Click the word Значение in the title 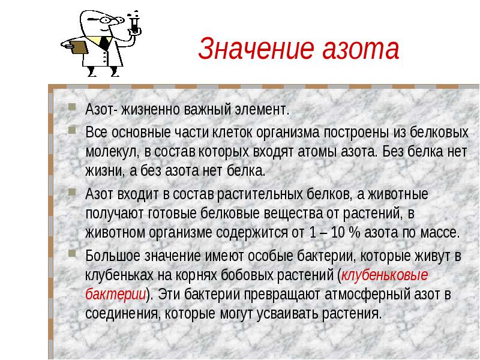[256, 49]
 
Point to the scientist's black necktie [105, 43]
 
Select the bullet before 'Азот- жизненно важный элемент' [72, 107]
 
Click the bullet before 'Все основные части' [72, 130]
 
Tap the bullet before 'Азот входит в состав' [72, 192]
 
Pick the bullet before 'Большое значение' [72, 253]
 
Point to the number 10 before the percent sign [338, 233]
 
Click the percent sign [354, 233]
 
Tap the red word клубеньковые [385, 275]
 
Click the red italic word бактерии [115, 294]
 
